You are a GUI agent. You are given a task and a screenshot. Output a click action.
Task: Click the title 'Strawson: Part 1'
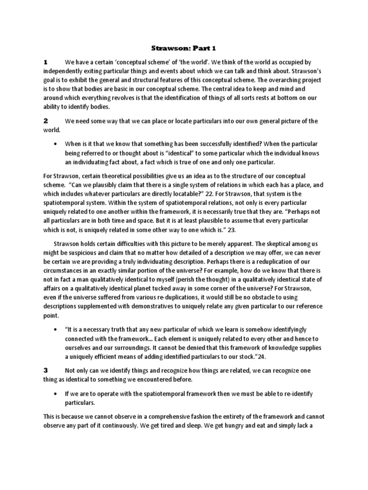(x=184, y=48)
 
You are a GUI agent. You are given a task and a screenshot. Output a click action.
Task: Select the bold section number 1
(x=46, y=62)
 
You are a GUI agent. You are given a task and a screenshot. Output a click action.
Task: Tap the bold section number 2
(x=46, y=121)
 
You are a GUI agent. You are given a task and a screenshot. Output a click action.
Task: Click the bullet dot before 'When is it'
(x=57, y=144)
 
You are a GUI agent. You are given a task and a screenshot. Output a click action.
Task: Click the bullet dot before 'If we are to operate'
(x=57, y=394)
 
